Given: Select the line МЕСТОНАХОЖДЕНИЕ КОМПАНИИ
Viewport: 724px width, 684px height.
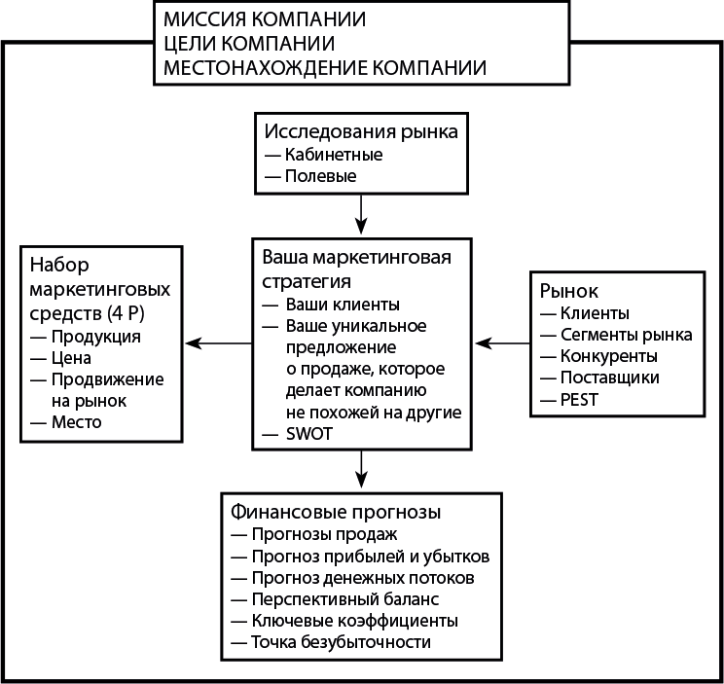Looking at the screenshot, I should [x=325, y=67].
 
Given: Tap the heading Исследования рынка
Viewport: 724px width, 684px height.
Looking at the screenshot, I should [x=361, y=131].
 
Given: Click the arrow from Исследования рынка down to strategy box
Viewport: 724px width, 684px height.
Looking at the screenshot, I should [x=362, y=213].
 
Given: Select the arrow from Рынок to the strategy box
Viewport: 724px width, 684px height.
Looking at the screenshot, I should [x=501, y=342].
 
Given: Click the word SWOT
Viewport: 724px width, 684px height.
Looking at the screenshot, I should [x=308, y=434].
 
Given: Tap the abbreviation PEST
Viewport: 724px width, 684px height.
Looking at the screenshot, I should [x=580, y=400].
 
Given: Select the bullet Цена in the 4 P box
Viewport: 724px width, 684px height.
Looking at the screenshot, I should [x=71, y=358].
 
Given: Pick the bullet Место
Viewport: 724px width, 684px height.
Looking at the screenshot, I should [x=76, y=422].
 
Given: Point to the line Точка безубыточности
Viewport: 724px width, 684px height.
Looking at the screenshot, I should [x=340, y=642].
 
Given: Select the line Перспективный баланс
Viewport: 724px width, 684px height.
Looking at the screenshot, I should [x=344, y=598].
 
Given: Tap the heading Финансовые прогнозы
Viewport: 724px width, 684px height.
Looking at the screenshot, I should [x=337, y=510].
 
